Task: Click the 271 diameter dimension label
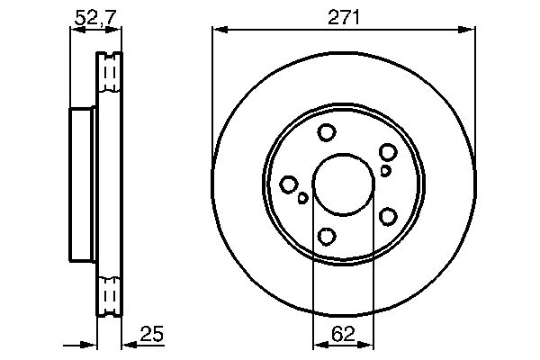344,17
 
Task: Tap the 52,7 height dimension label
96,17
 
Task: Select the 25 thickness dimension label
151,333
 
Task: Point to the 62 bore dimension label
343,334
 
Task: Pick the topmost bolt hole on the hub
327,132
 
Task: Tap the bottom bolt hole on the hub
326,237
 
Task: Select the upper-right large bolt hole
388,152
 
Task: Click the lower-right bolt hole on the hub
388,217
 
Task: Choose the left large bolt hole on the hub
288,184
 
